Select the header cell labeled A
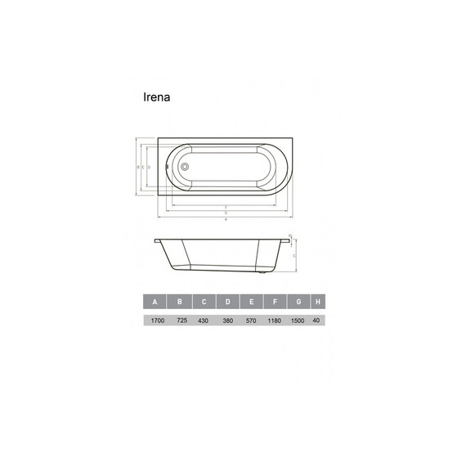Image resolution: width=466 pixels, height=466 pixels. click(x=155, y=302)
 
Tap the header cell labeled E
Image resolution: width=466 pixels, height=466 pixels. click(x=252, y=302)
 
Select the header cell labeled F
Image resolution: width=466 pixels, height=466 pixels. click(x=276, y=302)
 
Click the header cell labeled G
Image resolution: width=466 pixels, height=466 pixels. click(x=299, y=302)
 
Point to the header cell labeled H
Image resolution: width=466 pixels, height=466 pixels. click(x=318, y=302)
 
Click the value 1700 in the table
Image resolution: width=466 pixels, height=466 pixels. click(x=155, y=321)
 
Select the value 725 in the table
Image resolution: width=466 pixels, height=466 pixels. click(x=181, y=321)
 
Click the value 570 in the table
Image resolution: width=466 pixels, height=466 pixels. click(x=252, y=321)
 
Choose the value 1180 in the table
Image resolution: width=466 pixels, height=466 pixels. click(x=276, y=321)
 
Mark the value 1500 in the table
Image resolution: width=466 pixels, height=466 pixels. click(x=299, y=321)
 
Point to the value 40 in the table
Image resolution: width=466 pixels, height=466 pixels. click(x=318, y=321)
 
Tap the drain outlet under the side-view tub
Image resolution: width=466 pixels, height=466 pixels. click(x=261, y=271)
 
